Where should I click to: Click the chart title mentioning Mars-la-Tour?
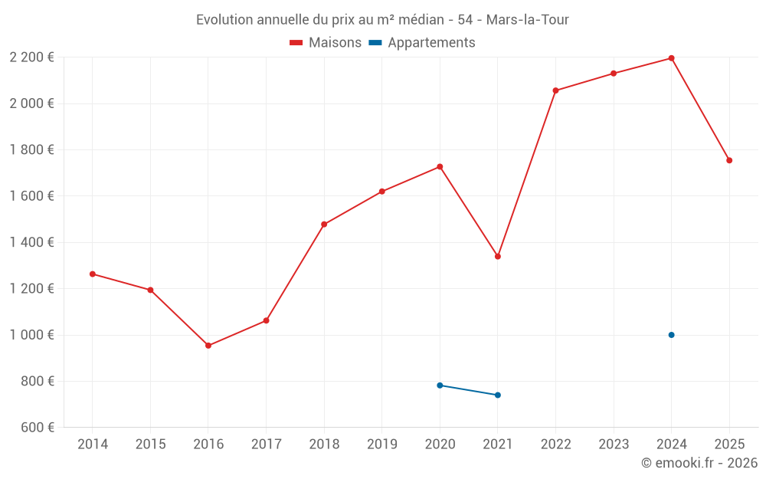click(x=382, y=20)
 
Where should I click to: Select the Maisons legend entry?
click(x=326, y=43)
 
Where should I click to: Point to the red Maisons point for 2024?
click(x=671, y=58)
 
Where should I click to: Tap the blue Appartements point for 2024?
click(x=671, y=335)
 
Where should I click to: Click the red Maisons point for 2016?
click(x=208, y=346)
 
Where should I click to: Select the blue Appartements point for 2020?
click(x=440, y=385)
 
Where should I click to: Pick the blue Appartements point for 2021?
click(x=498, y=395)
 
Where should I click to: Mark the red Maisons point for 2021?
click(x=498, y=257)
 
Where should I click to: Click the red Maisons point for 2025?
click(x=729, y=160)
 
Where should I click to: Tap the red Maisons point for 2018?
click(x=324, y=225)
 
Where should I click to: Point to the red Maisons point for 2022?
click(x=555, y=90)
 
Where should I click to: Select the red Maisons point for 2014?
click(x=93, y=274)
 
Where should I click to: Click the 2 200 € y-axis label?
click(x=31, y=57)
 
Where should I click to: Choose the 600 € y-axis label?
click(x=37, y=428)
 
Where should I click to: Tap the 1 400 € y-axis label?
click(x=31, y=242)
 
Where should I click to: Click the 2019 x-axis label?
click(x=381, y=445)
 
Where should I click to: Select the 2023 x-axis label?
click(x=613, y=445)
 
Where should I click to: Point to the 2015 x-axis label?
click(x=150, y=445)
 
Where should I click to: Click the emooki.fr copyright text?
click(x=699, y=463)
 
